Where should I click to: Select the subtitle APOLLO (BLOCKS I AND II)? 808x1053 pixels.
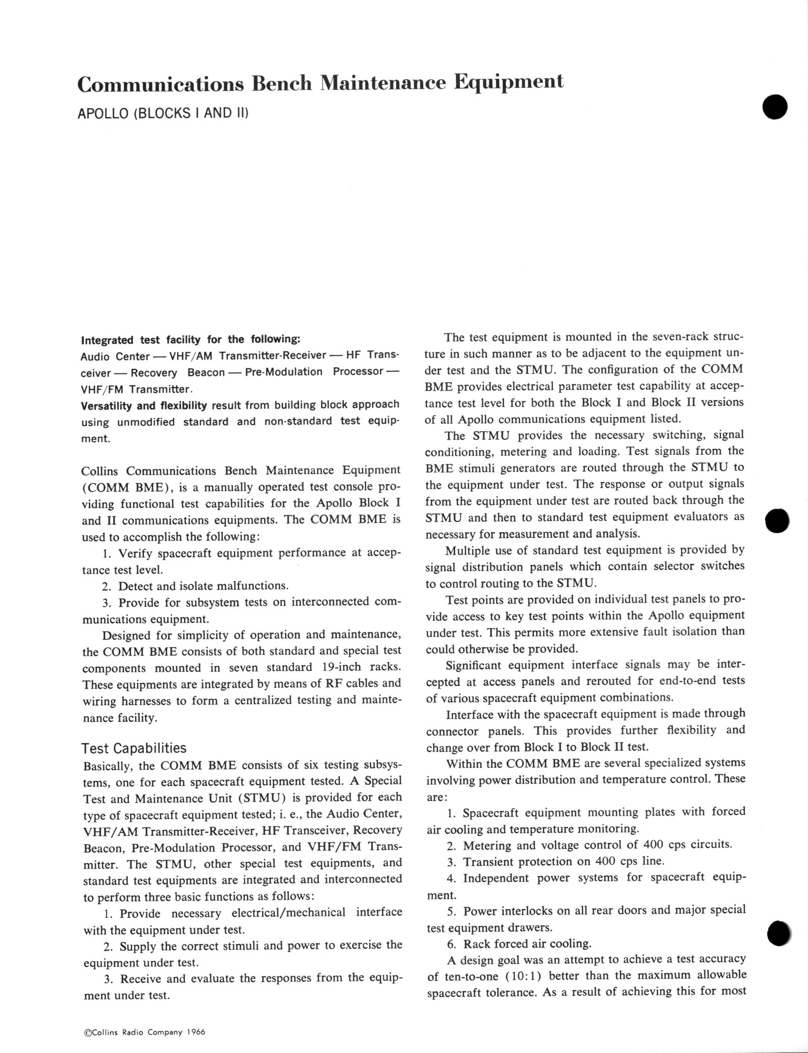click(x=163, y=113)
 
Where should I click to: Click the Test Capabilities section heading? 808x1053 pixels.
click(x=134, y=748)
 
